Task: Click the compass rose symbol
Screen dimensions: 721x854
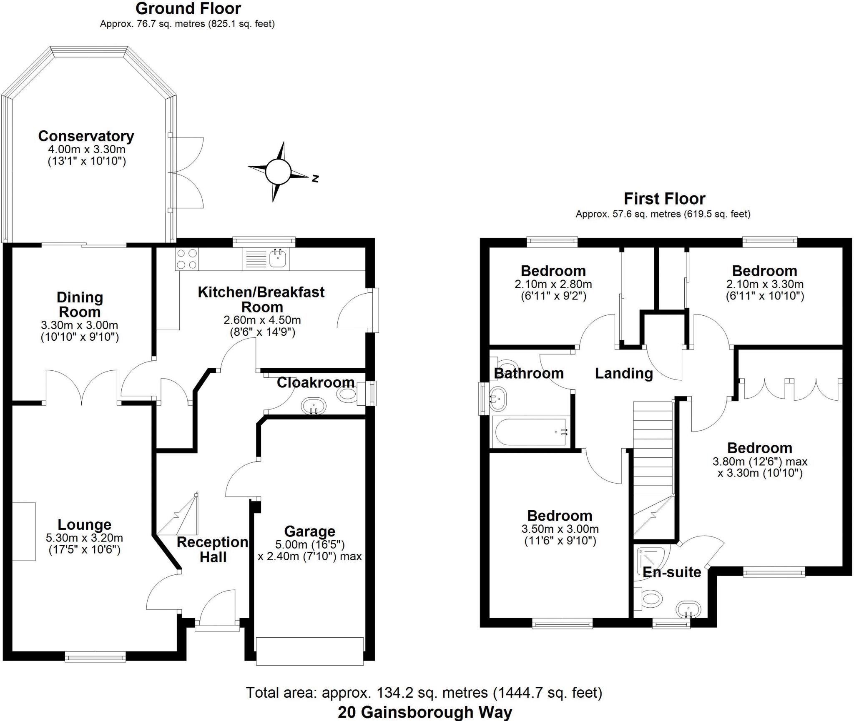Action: (278, 171)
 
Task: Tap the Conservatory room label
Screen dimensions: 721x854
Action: (86, 136)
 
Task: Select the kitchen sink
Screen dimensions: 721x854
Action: (277, 258)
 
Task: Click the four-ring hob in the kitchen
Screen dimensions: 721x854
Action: (187, 259)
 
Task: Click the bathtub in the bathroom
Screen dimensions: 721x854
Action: (530, 432)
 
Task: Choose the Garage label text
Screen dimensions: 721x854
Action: (309, 531)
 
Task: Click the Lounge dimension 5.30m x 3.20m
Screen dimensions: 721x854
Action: (85, 538)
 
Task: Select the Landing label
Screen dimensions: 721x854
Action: (623, 373)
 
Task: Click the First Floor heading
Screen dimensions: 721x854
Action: (664, 199)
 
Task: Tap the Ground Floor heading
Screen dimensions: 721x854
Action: (188, 8)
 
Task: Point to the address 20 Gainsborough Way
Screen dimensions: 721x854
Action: (424, 712)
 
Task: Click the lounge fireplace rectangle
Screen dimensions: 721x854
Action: (24, 531)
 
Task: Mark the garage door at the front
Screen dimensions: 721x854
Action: (310, 651)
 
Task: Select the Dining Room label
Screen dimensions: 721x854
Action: (79, 304)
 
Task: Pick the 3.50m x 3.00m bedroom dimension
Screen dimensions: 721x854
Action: (560, 529)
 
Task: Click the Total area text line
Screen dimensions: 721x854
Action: (424, 693)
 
